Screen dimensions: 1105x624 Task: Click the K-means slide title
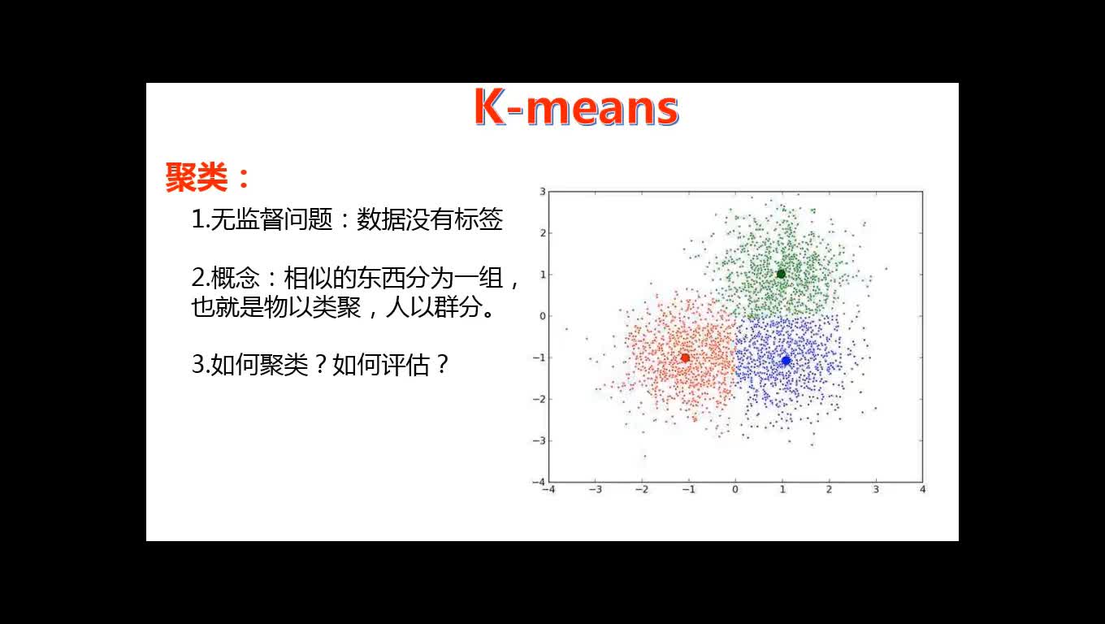tap(576, 107)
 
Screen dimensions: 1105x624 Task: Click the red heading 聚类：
tap(207, 176)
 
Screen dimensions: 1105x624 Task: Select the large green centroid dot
tap(781, 274)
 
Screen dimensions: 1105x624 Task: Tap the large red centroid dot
tap(685, 358)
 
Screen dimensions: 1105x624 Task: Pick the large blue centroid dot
tap(786, 361)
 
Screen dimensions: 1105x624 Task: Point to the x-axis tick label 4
tap(922, 489)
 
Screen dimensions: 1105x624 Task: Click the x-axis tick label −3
tap(595, 489)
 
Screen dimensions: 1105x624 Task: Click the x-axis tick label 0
tap(735, 489)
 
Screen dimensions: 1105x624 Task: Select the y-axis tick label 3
tap(543, 192)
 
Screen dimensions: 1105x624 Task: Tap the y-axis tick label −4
tap(539, 482)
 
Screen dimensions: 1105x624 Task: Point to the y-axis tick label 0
tap(543, 316)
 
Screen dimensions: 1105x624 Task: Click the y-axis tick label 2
tap(543, 233)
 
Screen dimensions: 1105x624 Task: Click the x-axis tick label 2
tap(829, 489)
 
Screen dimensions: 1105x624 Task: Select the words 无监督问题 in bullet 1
tap(272, 219)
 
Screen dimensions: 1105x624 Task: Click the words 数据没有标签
tap(430, 219)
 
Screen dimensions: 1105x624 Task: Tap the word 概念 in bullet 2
tap(236, 278)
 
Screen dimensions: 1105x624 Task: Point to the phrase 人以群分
tap(434, 307)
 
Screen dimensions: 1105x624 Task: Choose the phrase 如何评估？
tap(390, 365)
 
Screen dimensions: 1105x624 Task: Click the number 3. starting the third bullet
tap(201, 365)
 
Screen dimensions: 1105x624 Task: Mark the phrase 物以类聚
tap(312, 307)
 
